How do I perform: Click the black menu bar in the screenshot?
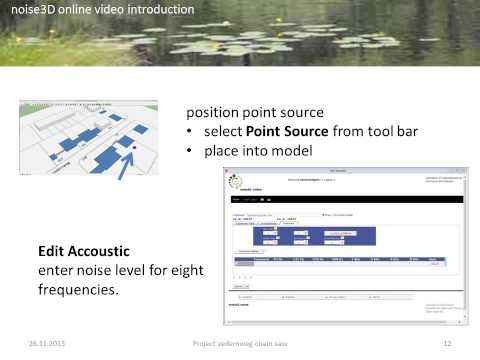pyautogui.click(x=345, y=200)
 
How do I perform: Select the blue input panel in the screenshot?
pyautogui.click(x=319, y=236)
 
